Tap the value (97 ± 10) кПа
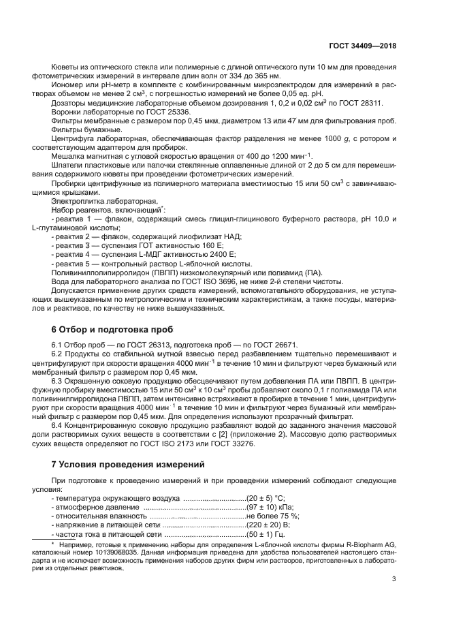(x=270, y=508)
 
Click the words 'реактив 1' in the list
(x=72, y=218)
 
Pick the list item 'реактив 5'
(x=72, y=262)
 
